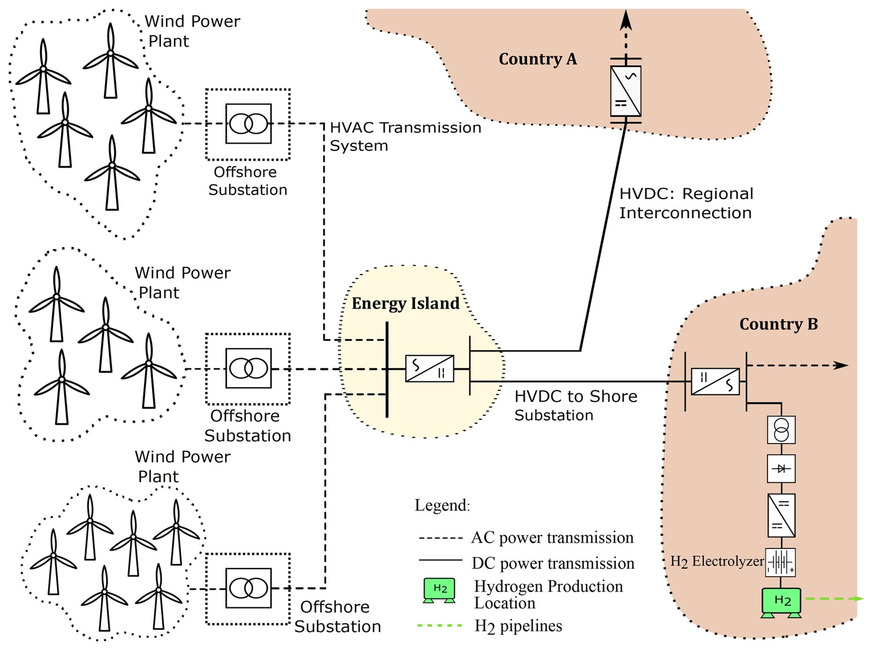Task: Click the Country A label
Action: pos(538,59)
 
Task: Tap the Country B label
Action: pos(778,324)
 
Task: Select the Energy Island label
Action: pos(405,303)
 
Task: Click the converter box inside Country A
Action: pos(625,91)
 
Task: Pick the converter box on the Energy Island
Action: pos(429,368)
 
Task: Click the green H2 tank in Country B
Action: pos(781,601)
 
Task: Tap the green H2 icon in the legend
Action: pos(439,590)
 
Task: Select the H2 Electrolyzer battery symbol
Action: pos(780,562)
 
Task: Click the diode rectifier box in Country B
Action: pos(781,469)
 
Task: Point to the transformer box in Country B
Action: pos(781,430)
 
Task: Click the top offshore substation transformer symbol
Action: pos(248,124)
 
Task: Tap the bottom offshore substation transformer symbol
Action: pos(248,588)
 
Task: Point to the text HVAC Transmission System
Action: pos(405,137)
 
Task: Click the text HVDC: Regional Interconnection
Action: pos(686,203)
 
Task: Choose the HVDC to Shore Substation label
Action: pos(575,406)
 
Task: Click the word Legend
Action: pos(442,506)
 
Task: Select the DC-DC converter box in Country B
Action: pos(781,515)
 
